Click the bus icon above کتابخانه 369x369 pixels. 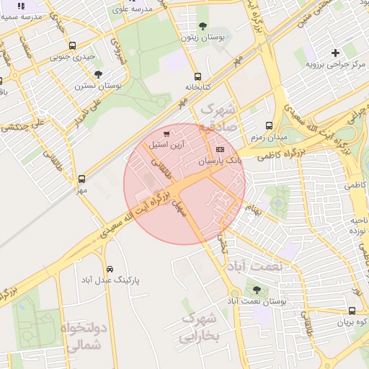197,76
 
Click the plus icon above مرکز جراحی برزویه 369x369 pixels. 335,52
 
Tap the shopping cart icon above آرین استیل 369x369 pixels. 167,133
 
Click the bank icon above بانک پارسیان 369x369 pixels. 220,149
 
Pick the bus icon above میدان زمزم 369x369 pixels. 270,125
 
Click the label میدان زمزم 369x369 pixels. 269,136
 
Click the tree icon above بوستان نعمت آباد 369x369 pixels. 256,290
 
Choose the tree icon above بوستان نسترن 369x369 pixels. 98,74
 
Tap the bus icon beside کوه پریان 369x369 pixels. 351,311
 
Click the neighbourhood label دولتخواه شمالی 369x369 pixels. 86,337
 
